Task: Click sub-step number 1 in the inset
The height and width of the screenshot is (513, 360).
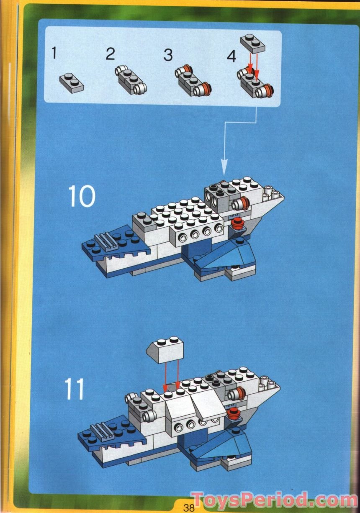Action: point(54,53)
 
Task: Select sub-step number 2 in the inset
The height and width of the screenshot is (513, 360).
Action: point(110,54)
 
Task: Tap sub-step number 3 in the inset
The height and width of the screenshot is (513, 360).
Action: point(168,55)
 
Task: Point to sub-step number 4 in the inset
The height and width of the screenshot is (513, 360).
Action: point(231,56)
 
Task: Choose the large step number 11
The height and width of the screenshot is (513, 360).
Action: point(75,389)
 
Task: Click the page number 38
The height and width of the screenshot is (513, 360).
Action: point(188,508)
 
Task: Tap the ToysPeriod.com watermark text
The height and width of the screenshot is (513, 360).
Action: point(274,500)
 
